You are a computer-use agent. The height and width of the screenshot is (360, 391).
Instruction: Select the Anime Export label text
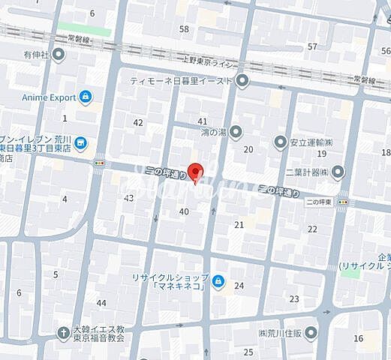click(49, 97)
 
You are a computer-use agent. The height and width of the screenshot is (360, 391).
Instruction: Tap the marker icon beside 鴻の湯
click(236, 133)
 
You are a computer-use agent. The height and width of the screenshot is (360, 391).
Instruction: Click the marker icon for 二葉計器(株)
click(338, 172)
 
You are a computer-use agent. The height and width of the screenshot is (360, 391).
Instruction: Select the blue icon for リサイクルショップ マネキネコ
click(218, 281)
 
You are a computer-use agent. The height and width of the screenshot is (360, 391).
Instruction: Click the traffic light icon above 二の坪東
click(342, 202)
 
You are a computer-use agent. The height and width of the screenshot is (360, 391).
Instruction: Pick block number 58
click(184, 28)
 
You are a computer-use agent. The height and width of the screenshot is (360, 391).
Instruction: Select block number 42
click(138, 122)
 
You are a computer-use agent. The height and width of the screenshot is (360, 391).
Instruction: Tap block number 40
click(184, 211)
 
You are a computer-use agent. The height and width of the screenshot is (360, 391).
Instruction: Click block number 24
click(239, 286)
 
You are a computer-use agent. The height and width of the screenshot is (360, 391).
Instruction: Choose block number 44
click(101, 302)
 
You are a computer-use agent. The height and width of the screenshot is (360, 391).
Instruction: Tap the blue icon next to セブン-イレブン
click(80, 142)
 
